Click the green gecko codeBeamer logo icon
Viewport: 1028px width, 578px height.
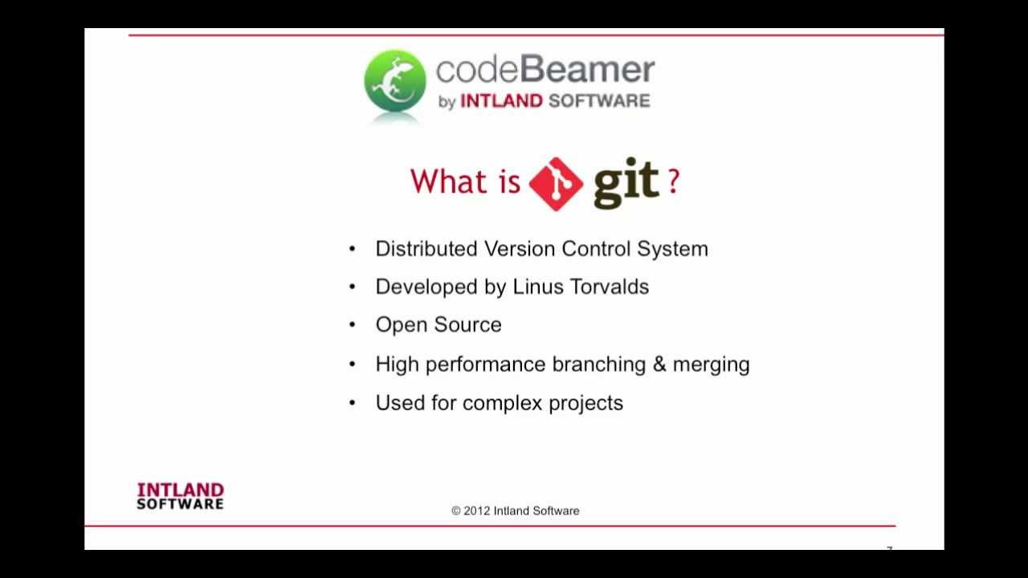394,81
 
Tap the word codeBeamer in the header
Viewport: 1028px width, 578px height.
545,71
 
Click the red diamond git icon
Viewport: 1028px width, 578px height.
556,184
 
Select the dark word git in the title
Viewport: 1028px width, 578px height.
626,182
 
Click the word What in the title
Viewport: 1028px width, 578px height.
448,181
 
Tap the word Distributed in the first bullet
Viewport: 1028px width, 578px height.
426,249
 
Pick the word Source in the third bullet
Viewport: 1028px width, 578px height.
472,325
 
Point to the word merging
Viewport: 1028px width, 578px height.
711,364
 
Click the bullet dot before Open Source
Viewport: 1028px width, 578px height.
352,325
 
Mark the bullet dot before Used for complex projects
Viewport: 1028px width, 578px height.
352,403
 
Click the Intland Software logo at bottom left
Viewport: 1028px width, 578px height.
180,495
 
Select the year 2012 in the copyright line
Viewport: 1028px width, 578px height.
477,511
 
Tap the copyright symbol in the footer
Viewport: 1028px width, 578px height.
456,511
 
